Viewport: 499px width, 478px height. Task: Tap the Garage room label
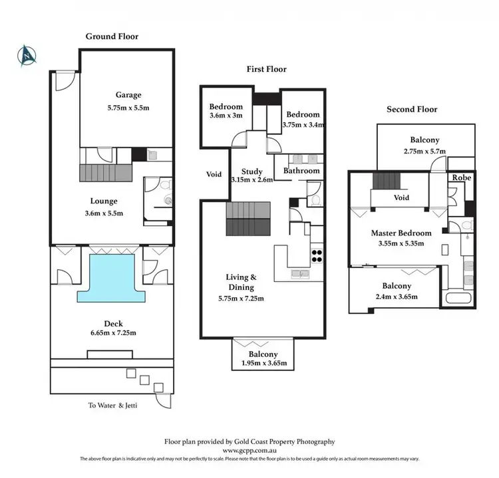coord(127,95)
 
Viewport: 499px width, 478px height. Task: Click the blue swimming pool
coord(110,275)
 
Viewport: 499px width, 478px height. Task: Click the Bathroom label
coord(302,171)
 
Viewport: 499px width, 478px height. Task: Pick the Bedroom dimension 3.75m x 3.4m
coord(303,124)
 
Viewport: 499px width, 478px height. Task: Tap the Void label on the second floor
coord(401,198)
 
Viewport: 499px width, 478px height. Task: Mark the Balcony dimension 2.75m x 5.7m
coord(425,152)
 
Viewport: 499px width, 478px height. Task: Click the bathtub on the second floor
coord(459,297)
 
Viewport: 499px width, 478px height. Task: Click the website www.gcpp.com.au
coord(249,450)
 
